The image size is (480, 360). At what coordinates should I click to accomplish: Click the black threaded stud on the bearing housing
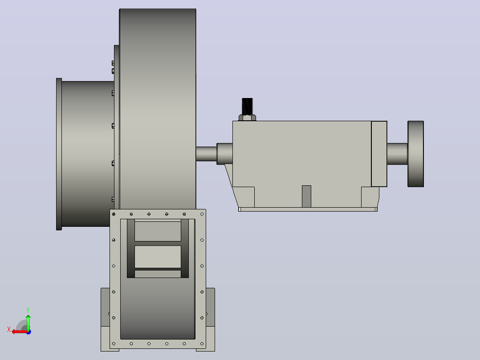247,106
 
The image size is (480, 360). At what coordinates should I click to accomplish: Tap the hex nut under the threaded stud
248,118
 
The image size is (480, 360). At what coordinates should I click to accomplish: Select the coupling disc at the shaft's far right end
416,154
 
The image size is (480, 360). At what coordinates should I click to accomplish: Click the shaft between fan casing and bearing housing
207,154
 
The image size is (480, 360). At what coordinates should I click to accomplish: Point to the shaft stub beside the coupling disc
397,154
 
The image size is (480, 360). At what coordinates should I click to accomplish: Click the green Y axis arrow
28,322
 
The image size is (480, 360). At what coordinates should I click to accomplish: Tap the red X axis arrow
20,332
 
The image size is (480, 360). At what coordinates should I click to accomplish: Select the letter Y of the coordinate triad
28,310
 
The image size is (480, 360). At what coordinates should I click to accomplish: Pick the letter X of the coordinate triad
9,329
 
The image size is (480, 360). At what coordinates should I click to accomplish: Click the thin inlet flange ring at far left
59,154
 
